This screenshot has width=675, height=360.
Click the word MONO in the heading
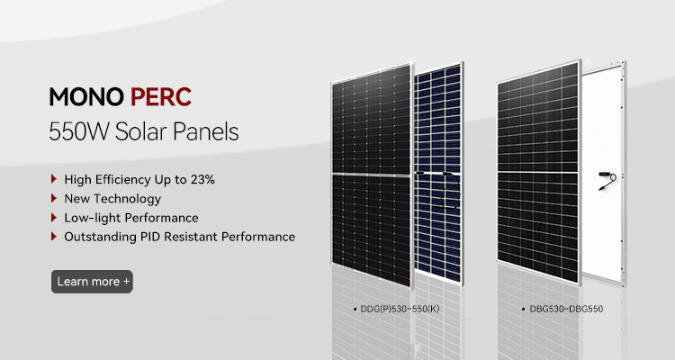pos(86,97)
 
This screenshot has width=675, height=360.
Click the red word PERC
pos(161,97)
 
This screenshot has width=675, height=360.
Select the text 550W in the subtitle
pos(79,131)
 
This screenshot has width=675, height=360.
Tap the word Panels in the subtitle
pos(205,131)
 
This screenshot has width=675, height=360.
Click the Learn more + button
pos(92,282)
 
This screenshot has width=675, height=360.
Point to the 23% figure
pos(202,179)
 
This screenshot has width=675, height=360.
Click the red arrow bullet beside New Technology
pos(54,198)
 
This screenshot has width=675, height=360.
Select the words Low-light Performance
pos(131,218)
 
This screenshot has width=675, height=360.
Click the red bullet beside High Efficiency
pos(54,179)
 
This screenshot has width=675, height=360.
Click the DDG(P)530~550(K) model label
pos(400,309)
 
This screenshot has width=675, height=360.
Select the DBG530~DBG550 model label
pos(566,309)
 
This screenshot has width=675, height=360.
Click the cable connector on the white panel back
pos(607,180)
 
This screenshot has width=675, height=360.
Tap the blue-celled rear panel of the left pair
pos(438,174)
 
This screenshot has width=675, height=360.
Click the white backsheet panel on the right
pos(604,174)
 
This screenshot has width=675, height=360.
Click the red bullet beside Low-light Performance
pos(54,217)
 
